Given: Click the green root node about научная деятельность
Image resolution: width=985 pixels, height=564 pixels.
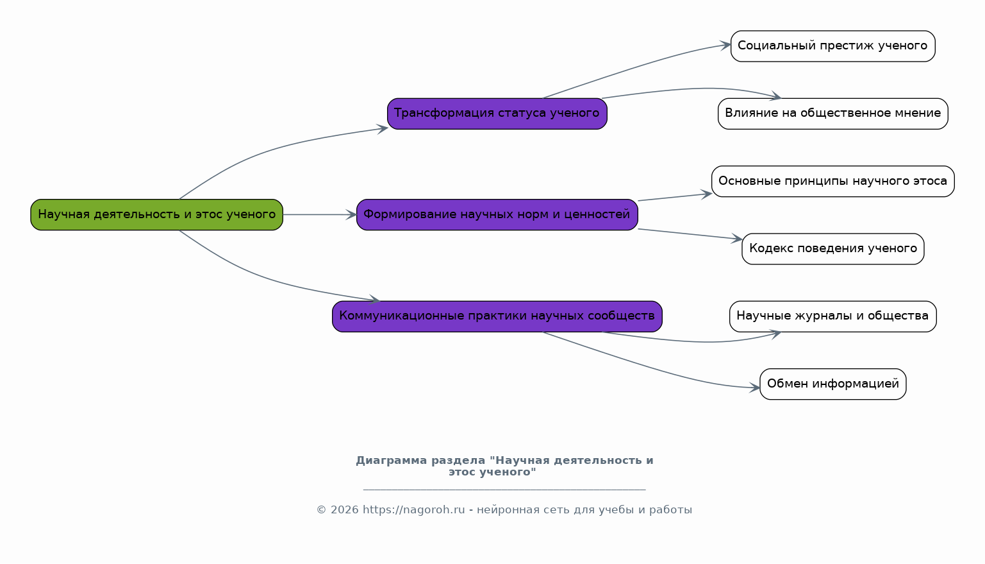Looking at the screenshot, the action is pos(156,214).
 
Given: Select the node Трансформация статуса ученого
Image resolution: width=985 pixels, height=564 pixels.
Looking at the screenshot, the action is pos(497,114).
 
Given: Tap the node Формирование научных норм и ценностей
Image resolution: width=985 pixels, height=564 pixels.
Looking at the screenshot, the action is pos(497,214).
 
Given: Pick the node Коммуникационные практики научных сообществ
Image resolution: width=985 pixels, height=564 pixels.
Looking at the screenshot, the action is pos(497,316).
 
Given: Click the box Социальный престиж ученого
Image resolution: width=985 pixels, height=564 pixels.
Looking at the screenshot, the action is pos(833,46).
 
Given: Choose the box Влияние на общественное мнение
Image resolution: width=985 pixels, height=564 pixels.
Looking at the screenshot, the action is pos(833,114).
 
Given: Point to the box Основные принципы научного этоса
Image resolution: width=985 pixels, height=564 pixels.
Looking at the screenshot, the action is pos(833,181).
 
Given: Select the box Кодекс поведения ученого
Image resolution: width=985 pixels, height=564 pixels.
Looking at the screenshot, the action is pos(833,249).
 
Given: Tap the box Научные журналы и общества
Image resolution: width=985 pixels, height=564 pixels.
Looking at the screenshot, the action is pos(833,316).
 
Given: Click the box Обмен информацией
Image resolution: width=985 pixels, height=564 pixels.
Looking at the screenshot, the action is pos(833,384).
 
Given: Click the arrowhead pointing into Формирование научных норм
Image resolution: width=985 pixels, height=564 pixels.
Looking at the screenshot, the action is pos(351,214).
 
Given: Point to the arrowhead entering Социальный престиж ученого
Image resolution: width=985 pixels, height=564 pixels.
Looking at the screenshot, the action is pos(725,45).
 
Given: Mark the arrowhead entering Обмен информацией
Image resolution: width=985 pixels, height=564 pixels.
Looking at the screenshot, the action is pos(754,388).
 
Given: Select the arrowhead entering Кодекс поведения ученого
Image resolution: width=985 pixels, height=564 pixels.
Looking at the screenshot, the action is pos(737,238).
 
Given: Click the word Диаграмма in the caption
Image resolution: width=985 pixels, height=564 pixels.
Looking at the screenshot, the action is pos(392,461).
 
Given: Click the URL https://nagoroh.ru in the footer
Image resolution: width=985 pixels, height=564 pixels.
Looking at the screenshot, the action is pos(414,510).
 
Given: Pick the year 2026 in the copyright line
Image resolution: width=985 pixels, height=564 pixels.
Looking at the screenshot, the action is pos(345,510).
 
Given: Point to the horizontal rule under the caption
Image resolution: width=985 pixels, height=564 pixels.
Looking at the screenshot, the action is pos(504,489).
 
